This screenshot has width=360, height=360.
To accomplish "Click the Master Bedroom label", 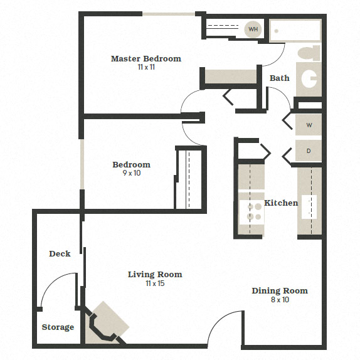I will coord(146,58).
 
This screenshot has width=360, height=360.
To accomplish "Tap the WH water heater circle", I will coord(253,29).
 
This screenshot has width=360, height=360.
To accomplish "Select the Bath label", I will coord(280,78).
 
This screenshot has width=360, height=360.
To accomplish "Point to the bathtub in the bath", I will coord(295,30).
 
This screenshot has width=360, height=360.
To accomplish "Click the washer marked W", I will coord(309,125).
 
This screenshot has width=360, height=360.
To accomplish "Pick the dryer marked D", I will coord(309,151).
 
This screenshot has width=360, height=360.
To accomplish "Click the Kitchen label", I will coord(281,203).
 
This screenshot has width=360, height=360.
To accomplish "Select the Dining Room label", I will coord(280,290).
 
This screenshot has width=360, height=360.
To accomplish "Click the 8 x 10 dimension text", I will coord(280,300).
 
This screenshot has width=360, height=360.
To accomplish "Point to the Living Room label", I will coord(155,274).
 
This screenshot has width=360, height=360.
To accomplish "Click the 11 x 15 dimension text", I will coord(155,283).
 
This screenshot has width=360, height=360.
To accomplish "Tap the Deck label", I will coord(60,253).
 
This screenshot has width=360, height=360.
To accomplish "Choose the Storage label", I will coord(58,327).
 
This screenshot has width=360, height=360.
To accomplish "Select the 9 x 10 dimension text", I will coord(131,173).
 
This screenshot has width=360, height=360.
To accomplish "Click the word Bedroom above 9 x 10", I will coord(131,164).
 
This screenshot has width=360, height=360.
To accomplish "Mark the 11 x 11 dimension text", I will coord(146,67).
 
